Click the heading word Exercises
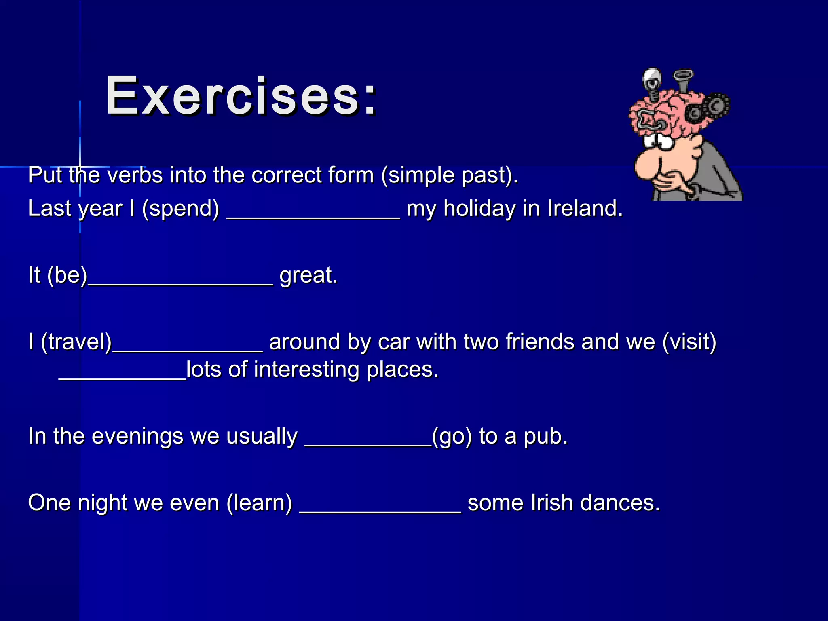pos(241,97)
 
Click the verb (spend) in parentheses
pos(180,209)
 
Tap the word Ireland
pos(584,209)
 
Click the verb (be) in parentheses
pos(67,275)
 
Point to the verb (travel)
pos(76,342)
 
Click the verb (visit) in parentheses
pos(689,342)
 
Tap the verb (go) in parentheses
pos(452,437)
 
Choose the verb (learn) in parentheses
pos(259,503)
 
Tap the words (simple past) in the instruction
pos(449,175)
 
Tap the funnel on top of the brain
pos(683,81)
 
